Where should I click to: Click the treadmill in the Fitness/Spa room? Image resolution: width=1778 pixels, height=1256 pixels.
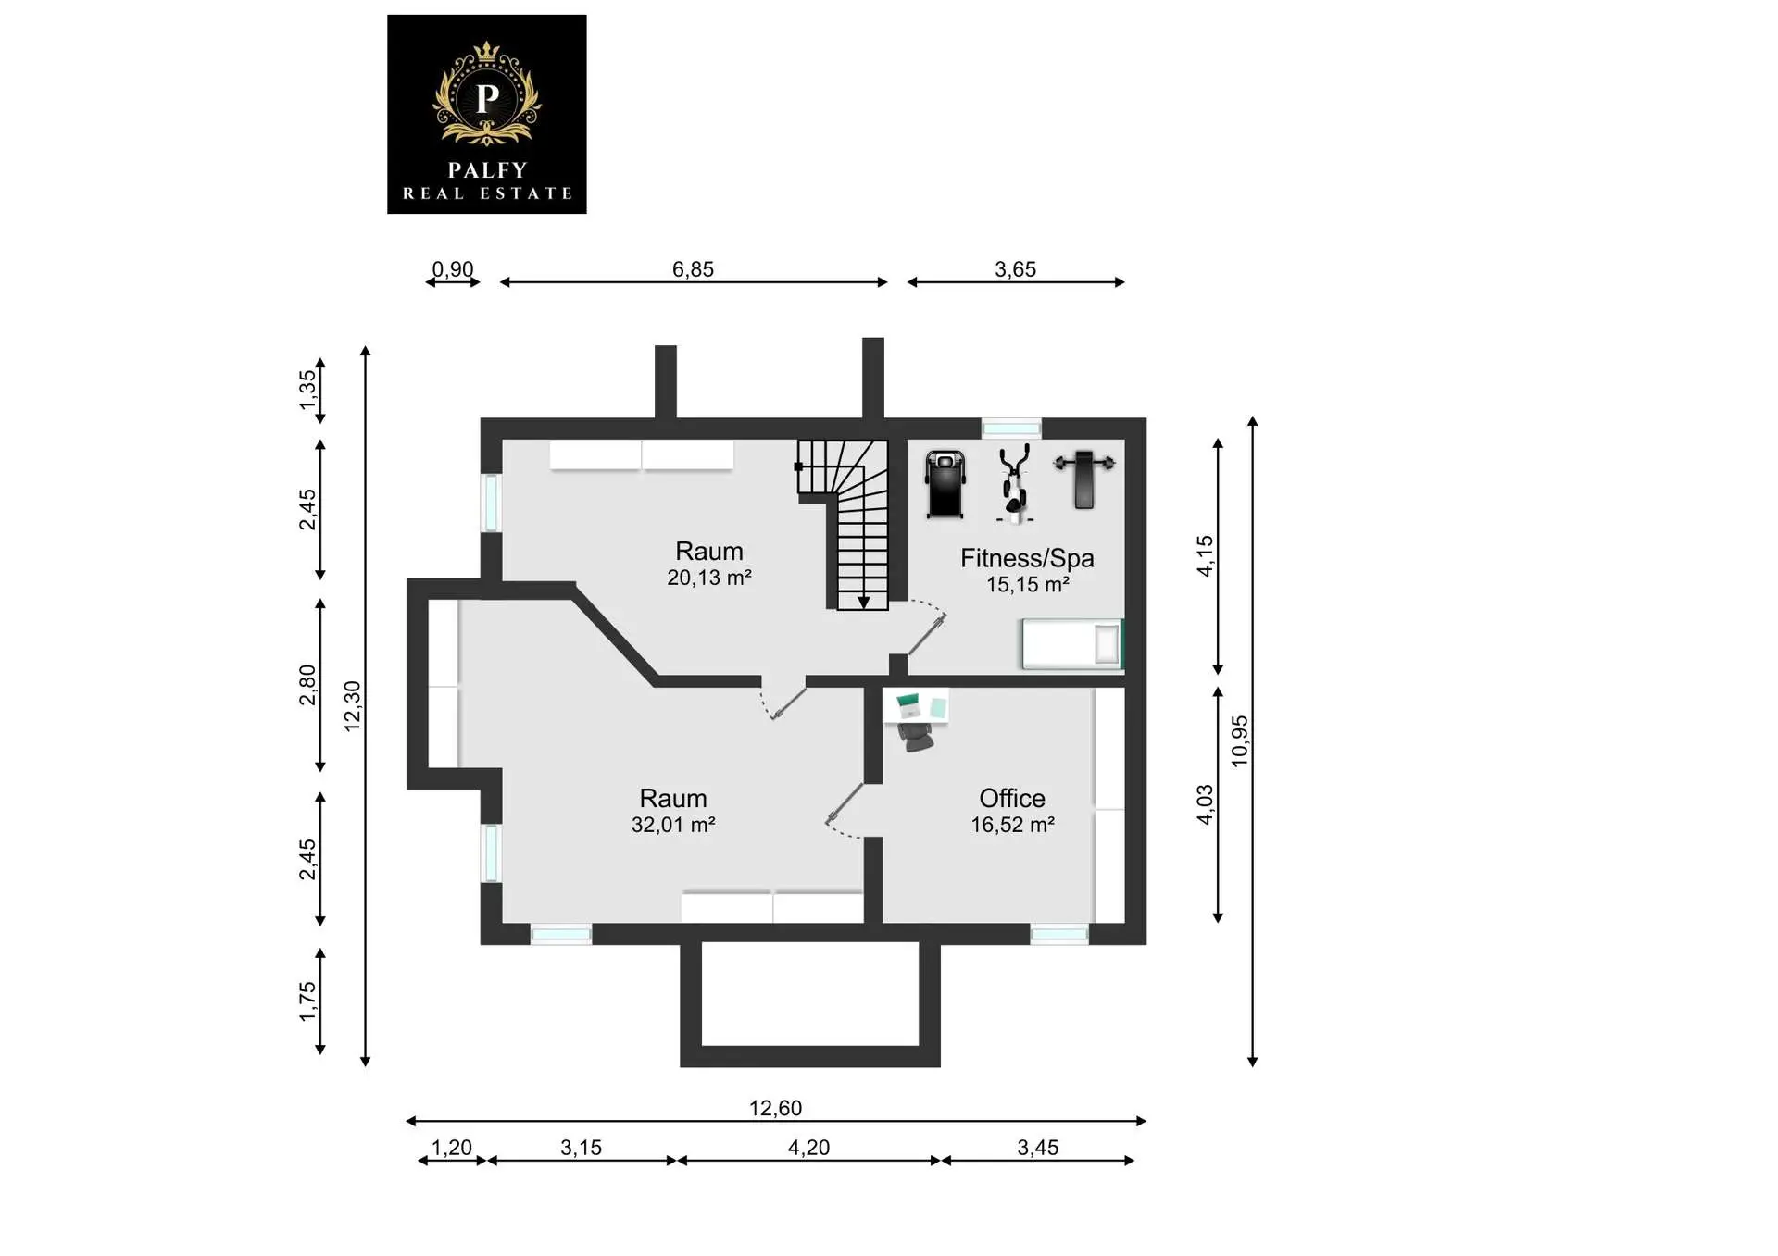pyautogui.click(x=945, y=484)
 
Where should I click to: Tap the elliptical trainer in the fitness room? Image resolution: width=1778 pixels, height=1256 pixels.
pyautogui.click(x=1014, y=484)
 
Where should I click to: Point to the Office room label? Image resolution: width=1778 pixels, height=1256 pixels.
pyautogui.click(x=1012, y=798)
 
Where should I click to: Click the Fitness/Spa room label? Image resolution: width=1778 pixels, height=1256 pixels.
pyautogui.click(x=1027, y=558)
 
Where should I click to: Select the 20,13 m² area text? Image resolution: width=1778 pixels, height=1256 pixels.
pyautogui.click(x=709, y=578)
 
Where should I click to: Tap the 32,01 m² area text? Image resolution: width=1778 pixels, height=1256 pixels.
pyautogui.click(x=673, y=825)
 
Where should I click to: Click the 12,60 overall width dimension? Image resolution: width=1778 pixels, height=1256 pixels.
pyautogui.click(x=775, y=1108)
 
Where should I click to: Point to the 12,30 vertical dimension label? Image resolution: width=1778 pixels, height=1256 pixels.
pyautogui.click(x=352, y=706)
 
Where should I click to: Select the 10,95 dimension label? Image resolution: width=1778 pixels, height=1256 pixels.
pyautogui.click(x=1239, y=740)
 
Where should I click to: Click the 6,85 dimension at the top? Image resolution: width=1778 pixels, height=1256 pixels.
pyautogui.click(x=693, y=269)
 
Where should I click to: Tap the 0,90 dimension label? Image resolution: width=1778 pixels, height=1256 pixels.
pyautogui.click(x=453, y=269)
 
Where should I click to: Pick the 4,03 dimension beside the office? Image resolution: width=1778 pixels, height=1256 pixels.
pyautogui.click(x=1204, y=804)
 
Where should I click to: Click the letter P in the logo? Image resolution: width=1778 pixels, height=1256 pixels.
pyautogui.click(x=487, y=96)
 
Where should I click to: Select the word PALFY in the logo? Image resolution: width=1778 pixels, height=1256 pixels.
pyautogui.click(x=487, y=170)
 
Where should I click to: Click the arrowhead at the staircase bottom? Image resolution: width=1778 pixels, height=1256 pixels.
pyautogui.click(x=863, y=603)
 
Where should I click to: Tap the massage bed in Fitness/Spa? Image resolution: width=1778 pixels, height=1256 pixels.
pyautogui.click(x=1072, y=643)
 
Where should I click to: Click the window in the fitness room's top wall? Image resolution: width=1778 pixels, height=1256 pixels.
pyautogui.click(x=1011, y=428)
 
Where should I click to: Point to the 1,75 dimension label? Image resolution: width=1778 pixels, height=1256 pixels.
pyautogui.click(x=307, y=1002)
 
